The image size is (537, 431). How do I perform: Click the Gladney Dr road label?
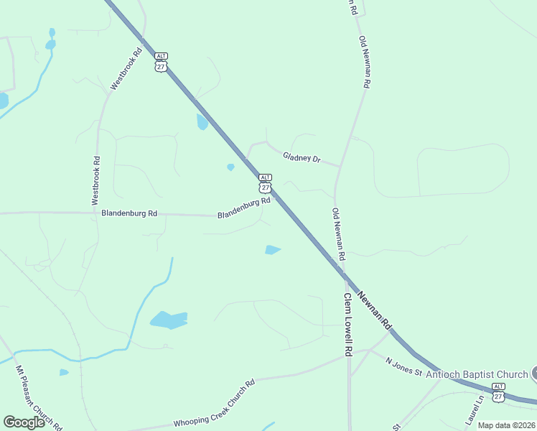pyautogui.click(x=301, y=157)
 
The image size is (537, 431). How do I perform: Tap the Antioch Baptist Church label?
pyautogui.click(x=477, y=374)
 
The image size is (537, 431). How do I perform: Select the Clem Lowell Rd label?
pyautogui.click(x=347, y=325)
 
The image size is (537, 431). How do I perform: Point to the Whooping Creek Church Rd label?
pyautogui.click(x=214, y=405)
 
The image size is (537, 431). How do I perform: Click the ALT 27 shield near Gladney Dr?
pyautogui.click(x=265, y=183)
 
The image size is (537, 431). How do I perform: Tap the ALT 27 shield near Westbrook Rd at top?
pyautogui.click(x=161, y=62)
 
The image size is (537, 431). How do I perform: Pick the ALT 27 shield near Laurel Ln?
pyautogui.click(x=498, y=392)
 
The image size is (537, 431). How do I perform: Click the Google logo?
pyautogui.click(x=24, y=422)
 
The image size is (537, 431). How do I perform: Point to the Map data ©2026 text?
pyautogui.click(x=506, y=425)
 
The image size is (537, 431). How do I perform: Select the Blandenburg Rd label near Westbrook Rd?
pyautogui.click(x=129, y=213)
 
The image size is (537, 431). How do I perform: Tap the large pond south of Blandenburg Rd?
pyautogui.click(x=169, y=320)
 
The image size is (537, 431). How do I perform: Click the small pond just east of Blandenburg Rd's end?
pyautogui.click(x=272, y=250)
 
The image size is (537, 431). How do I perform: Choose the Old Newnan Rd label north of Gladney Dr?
pyautogui.click(x=364, y=62)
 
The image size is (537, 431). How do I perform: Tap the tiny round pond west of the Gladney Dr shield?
pyautogui.click(x=230, y=167)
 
